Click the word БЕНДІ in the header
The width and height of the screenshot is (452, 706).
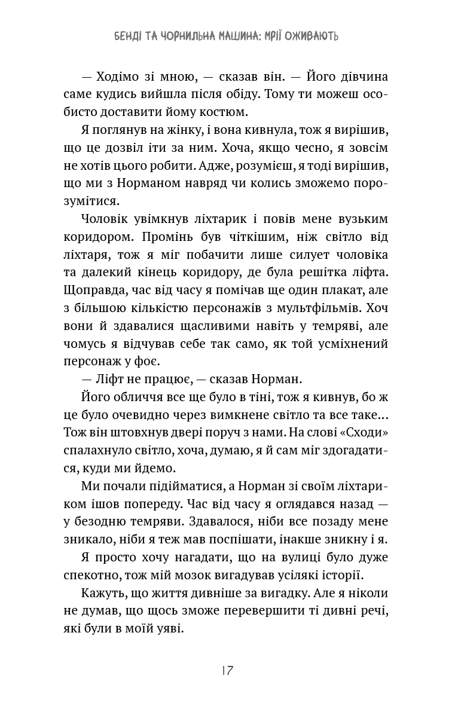pyautogui.click(x=131, y=36)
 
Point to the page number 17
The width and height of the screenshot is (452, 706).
pyautogui.click(x=226, y=670)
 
